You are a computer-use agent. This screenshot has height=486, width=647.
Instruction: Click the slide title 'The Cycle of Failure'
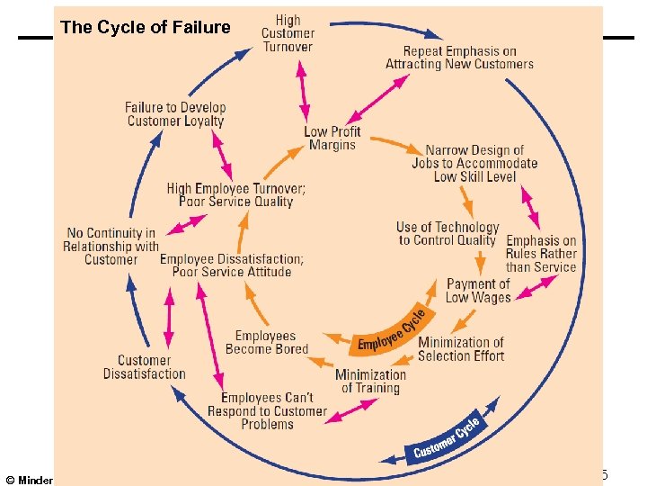pos(146,27)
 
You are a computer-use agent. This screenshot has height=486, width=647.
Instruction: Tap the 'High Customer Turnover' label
pos(288,33)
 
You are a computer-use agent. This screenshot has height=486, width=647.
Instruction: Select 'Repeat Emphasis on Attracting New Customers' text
pos(459,58)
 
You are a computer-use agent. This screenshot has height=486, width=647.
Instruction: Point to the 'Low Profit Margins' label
pos(332,138)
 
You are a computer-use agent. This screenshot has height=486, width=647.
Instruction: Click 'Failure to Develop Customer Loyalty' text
pos(175,114)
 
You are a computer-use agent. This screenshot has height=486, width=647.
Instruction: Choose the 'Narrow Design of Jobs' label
pos(474,164)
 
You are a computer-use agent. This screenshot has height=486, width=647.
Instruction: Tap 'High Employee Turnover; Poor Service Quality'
pos(236,195)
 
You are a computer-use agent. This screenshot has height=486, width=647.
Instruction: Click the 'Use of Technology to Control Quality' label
pos(448,234)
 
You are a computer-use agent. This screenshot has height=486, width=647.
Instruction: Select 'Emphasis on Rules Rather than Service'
pos(541,254)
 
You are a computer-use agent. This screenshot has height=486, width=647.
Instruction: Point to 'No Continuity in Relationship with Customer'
pos(111,246)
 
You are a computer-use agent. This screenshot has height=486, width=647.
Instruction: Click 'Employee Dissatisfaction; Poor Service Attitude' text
pos(232,265)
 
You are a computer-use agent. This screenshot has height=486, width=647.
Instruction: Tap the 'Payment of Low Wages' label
pos(478,290)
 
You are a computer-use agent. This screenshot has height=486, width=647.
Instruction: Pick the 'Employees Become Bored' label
pos(266,342)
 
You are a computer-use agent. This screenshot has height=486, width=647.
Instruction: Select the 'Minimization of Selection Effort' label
pos(461,349)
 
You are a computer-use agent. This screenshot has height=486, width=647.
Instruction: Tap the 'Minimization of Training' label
pos(370,381)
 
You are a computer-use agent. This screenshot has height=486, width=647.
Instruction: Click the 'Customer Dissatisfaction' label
pos(144,367)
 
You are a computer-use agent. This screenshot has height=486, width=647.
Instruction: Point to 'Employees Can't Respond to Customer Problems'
pos(267,410)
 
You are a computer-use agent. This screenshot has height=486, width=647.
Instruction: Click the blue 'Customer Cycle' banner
pos(448,437)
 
